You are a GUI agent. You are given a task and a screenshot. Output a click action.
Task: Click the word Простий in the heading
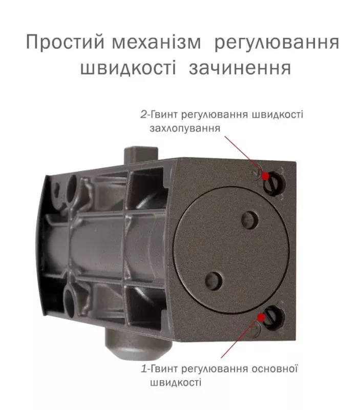(x=66, y=42)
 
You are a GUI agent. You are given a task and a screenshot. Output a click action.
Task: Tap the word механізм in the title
(x=157, y=43)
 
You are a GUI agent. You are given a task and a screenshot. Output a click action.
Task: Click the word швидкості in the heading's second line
(x=128, y=68)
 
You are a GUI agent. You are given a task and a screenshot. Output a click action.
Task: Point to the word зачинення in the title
(x=240, y=69)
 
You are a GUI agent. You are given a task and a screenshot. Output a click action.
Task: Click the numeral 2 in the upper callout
(x=144, y=114)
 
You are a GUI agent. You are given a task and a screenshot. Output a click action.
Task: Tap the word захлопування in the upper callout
(x=185, y=129)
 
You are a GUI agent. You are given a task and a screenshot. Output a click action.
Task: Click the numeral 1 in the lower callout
(x=144, y=369)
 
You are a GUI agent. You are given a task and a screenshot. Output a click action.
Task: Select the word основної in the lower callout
(x=275, y=368)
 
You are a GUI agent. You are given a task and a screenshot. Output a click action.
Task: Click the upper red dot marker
(x=265, y=176)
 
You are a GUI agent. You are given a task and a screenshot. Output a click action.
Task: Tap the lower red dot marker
(x=261, y=317)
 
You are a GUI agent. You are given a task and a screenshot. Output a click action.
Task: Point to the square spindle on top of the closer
(x=140, y=155)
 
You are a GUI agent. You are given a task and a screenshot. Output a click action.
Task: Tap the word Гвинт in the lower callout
(x=164, y=369)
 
